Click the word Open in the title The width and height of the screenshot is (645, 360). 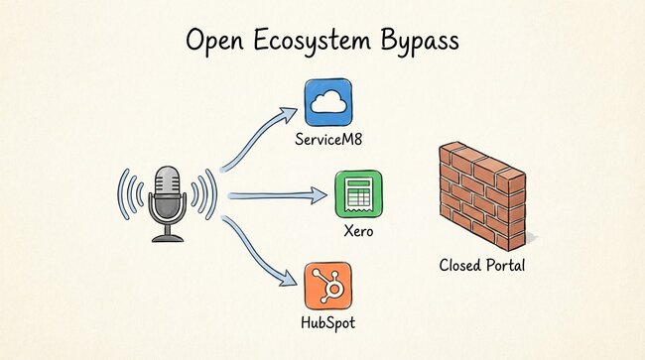point(219,43)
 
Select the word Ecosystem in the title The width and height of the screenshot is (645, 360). point(320,43)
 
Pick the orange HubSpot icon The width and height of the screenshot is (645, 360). point(328,285)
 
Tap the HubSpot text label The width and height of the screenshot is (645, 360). point(328,323)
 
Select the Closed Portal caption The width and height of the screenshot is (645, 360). point(483,266)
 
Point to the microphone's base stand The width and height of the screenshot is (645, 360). point(167,236)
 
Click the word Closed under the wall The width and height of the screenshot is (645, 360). point(460,266)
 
